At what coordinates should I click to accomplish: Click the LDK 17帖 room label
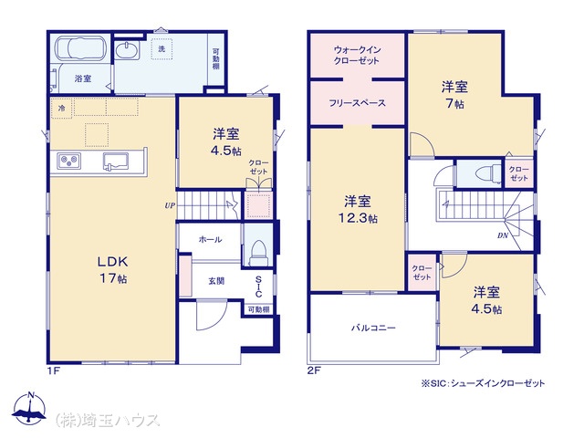click(x=113, y=270)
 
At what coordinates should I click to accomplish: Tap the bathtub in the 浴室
click(x=81, y=48)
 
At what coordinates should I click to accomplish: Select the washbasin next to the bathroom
click(x=127, y=50)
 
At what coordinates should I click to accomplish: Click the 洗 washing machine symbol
click(x=162, y=48)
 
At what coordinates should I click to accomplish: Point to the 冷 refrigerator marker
click(x=61, y=109)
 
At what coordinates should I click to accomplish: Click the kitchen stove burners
click(x=69, y=162)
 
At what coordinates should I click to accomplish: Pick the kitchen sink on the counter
click(x=116, y=162)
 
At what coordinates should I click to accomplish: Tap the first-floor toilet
click(x=258, y=252)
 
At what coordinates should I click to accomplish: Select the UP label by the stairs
click(x=170, y=205)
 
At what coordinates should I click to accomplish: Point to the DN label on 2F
click(x=503, y=235)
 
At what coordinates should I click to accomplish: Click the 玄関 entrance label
click(x=216, y=281)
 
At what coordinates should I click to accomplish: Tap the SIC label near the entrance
click(x=258, y=287)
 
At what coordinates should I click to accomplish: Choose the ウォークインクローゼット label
click(x=357, y=56)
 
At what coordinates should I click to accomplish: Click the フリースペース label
click(x=357, y=103)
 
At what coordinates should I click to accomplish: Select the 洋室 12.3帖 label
click(x=357, y=209)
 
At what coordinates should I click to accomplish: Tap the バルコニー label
click(x=374, y=328)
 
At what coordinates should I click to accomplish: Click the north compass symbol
click(x=30, y=408)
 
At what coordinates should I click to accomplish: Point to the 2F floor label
click(x=314, y=370)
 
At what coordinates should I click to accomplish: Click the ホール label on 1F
click(x=211, y=239)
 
